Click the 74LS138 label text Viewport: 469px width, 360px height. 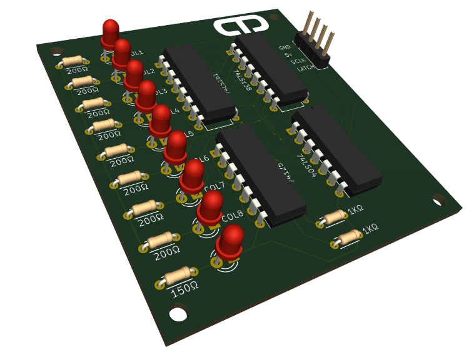click(x=242, y=80)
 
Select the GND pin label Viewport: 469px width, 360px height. click(x=285, y=47)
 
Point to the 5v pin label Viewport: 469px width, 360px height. click(x=288, y=55)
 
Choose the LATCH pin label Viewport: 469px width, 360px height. click(x=305, y=71)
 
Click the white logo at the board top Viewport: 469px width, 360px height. click(x=241, y=26)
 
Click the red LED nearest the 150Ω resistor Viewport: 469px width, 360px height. click(x=230, y=241)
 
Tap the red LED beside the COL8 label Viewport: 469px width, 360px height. click(x=211, y=206)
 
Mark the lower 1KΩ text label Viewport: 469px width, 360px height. click(x=370, y=229)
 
